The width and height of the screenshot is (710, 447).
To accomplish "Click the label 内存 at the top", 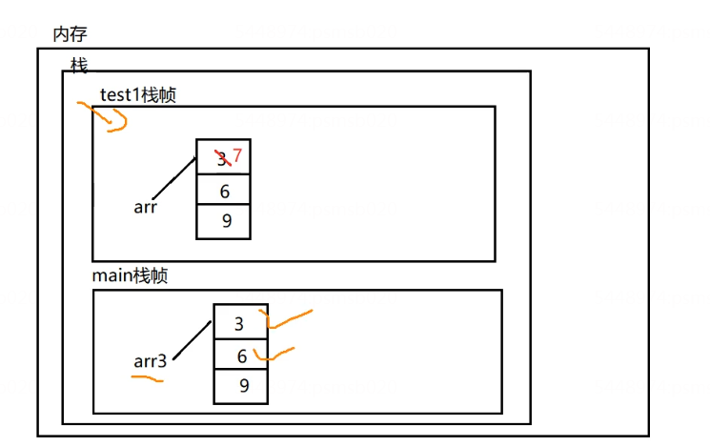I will click(70, 34).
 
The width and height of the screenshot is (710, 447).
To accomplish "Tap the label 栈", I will click(79, 66).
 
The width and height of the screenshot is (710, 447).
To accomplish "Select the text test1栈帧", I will click(138, 95).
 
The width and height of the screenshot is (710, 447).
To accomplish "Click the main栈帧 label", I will click(129, 275).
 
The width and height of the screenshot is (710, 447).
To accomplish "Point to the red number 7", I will click(237, 155).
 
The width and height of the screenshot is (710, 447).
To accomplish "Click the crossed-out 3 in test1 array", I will click(221, 158).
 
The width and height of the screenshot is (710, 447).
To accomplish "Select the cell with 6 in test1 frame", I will click(224, 191).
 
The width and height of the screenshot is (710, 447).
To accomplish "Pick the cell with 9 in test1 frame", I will click(224, 221).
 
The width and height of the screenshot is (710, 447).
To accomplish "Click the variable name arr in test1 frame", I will click(145, 207).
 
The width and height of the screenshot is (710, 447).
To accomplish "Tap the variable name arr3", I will click(150, 361).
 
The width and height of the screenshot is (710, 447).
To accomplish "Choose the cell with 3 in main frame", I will click(240, 324).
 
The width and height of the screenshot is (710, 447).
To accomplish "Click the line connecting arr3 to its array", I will click(193, 340).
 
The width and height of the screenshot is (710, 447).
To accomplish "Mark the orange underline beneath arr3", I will click(147, 377).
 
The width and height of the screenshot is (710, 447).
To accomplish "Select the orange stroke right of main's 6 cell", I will click(274, 354).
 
